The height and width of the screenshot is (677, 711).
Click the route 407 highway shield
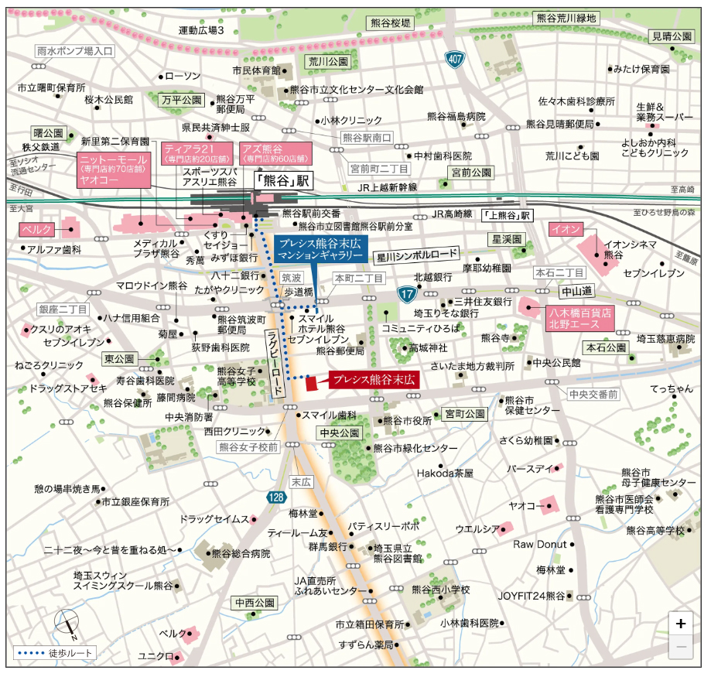pyautogui.click(x=456, y=60)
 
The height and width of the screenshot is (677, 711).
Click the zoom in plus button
pyautogui.click(x=680, y=624)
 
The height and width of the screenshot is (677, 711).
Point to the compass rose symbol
pyautogui.click(x=66, y=624)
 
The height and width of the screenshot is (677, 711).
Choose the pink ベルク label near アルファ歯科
pyautogui.click(x=36, y=231)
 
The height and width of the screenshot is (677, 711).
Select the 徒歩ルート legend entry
pyautogui.click(x=56, y=653)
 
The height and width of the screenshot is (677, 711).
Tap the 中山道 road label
pyautogui.click(x=576, y=292)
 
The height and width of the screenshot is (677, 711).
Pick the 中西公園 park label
pyautogui.click(x=255, y=602)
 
